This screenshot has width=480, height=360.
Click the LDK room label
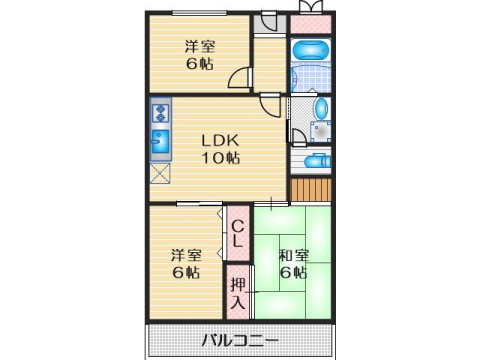[x=220, y=139]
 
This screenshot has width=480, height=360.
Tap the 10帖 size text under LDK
[x=220, y=158]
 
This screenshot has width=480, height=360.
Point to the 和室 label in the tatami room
[x=293, y=254]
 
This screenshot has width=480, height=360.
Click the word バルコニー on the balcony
[x=239, y=340]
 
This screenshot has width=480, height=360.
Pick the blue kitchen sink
[x=160, y=144]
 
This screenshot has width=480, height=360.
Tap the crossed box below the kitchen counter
[x=159, y=173]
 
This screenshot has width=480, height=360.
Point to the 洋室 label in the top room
[x=197, y=45]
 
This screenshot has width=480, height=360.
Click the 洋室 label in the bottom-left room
[x=184, y=254]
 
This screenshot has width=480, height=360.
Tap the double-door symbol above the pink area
[x=311, y=7]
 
